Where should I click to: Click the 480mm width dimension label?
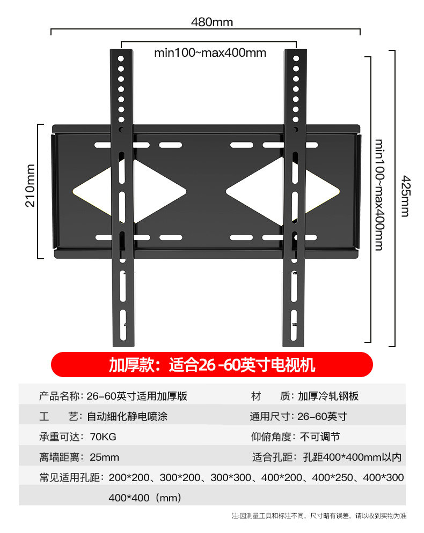(x=212, y=22)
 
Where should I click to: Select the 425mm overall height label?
(x=405, y=196)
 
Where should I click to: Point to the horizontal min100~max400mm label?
(x=210, y=52)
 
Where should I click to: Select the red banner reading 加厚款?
(x=212, y=365)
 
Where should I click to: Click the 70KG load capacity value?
(x=104, y=437)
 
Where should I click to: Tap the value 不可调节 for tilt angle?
(x=320, y=437)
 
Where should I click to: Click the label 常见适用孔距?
(x=69, y=477)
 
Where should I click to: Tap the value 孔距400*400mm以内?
(x=352, y=457)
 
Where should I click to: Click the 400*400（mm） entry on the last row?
(x=145, y=498)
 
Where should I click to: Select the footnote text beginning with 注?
(x=319, y=516)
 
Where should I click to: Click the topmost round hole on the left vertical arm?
(x=121, y=58)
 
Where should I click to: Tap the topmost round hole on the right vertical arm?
(x=295, y=58)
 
